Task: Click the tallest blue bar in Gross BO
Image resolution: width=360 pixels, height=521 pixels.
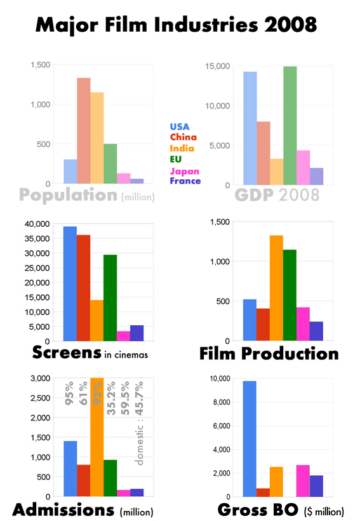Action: [x=250, y=438]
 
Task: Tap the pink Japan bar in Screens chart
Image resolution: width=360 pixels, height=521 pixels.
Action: [x=123, y=336]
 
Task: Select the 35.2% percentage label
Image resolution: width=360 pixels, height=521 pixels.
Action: [x=111, y=398]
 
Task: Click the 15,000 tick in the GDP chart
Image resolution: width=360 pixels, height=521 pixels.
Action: [x=223, y=66]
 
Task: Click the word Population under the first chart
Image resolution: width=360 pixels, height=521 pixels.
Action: [x=68, y=194]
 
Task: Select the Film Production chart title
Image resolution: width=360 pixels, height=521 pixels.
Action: [x=269, y=353]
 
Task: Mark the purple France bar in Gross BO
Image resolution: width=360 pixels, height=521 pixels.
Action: [x=316, y=485]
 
